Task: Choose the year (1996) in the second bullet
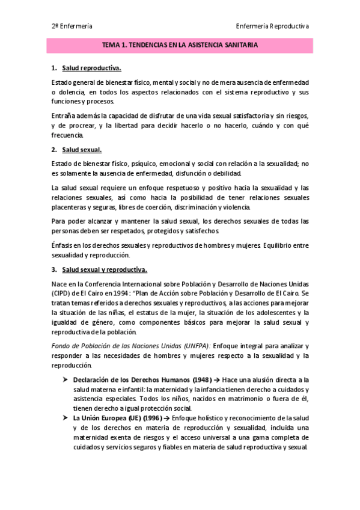pyautogui.click(x=151, y=417)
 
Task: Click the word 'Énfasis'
pyautogui.click(x=64, y=245)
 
